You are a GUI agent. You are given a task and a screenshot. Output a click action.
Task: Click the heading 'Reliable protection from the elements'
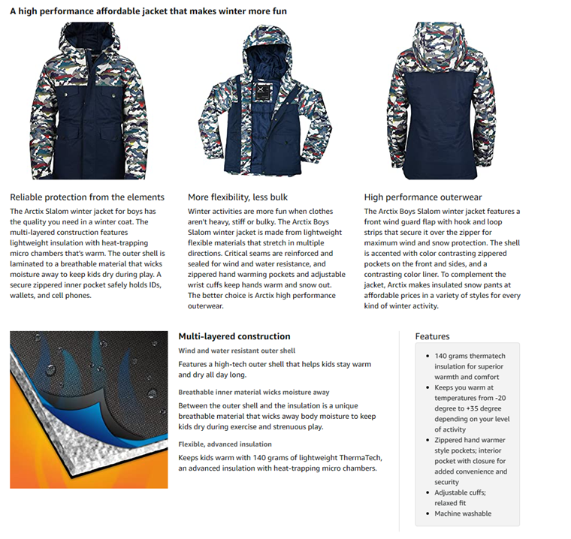(87, 197)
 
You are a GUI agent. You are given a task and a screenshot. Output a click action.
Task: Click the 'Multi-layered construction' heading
(234, 336)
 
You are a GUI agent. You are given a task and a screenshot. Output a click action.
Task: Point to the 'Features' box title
(432, 337)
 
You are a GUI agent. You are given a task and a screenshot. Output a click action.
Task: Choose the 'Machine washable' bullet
(463, 513)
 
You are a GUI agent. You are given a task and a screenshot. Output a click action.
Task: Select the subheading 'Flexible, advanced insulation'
(225, 444)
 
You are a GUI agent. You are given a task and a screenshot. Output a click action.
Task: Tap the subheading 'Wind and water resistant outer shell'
(237, 351)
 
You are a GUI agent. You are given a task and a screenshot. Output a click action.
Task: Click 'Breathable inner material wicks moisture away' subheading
(253, 392)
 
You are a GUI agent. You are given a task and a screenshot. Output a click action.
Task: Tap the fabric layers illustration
(89, 409)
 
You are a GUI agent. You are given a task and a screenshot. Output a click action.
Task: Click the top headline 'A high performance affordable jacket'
(148, 11)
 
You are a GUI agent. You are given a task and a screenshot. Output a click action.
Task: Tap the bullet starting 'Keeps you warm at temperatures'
(471, 408)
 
